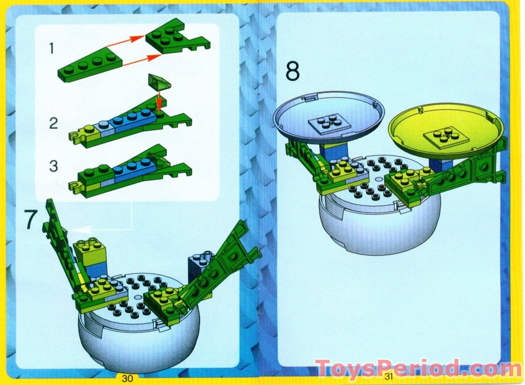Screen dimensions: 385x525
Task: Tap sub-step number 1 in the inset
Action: click(x=52, y=48)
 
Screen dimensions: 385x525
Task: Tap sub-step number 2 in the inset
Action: click(x=54, y=124)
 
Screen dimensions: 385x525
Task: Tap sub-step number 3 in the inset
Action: click(x=54, y=167)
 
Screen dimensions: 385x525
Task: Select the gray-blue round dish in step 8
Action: click(x=329, y=112)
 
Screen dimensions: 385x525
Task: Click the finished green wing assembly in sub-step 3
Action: click(x=130, y=171)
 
